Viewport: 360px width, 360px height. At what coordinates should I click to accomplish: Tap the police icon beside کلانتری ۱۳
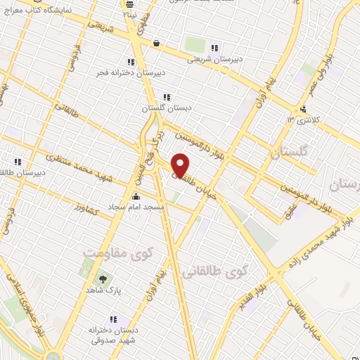pyautogui.click(x=302, y=109)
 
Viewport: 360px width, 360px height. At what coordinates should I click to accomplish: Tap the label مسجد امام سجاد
pyautogui.click(x=136, y=207)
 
